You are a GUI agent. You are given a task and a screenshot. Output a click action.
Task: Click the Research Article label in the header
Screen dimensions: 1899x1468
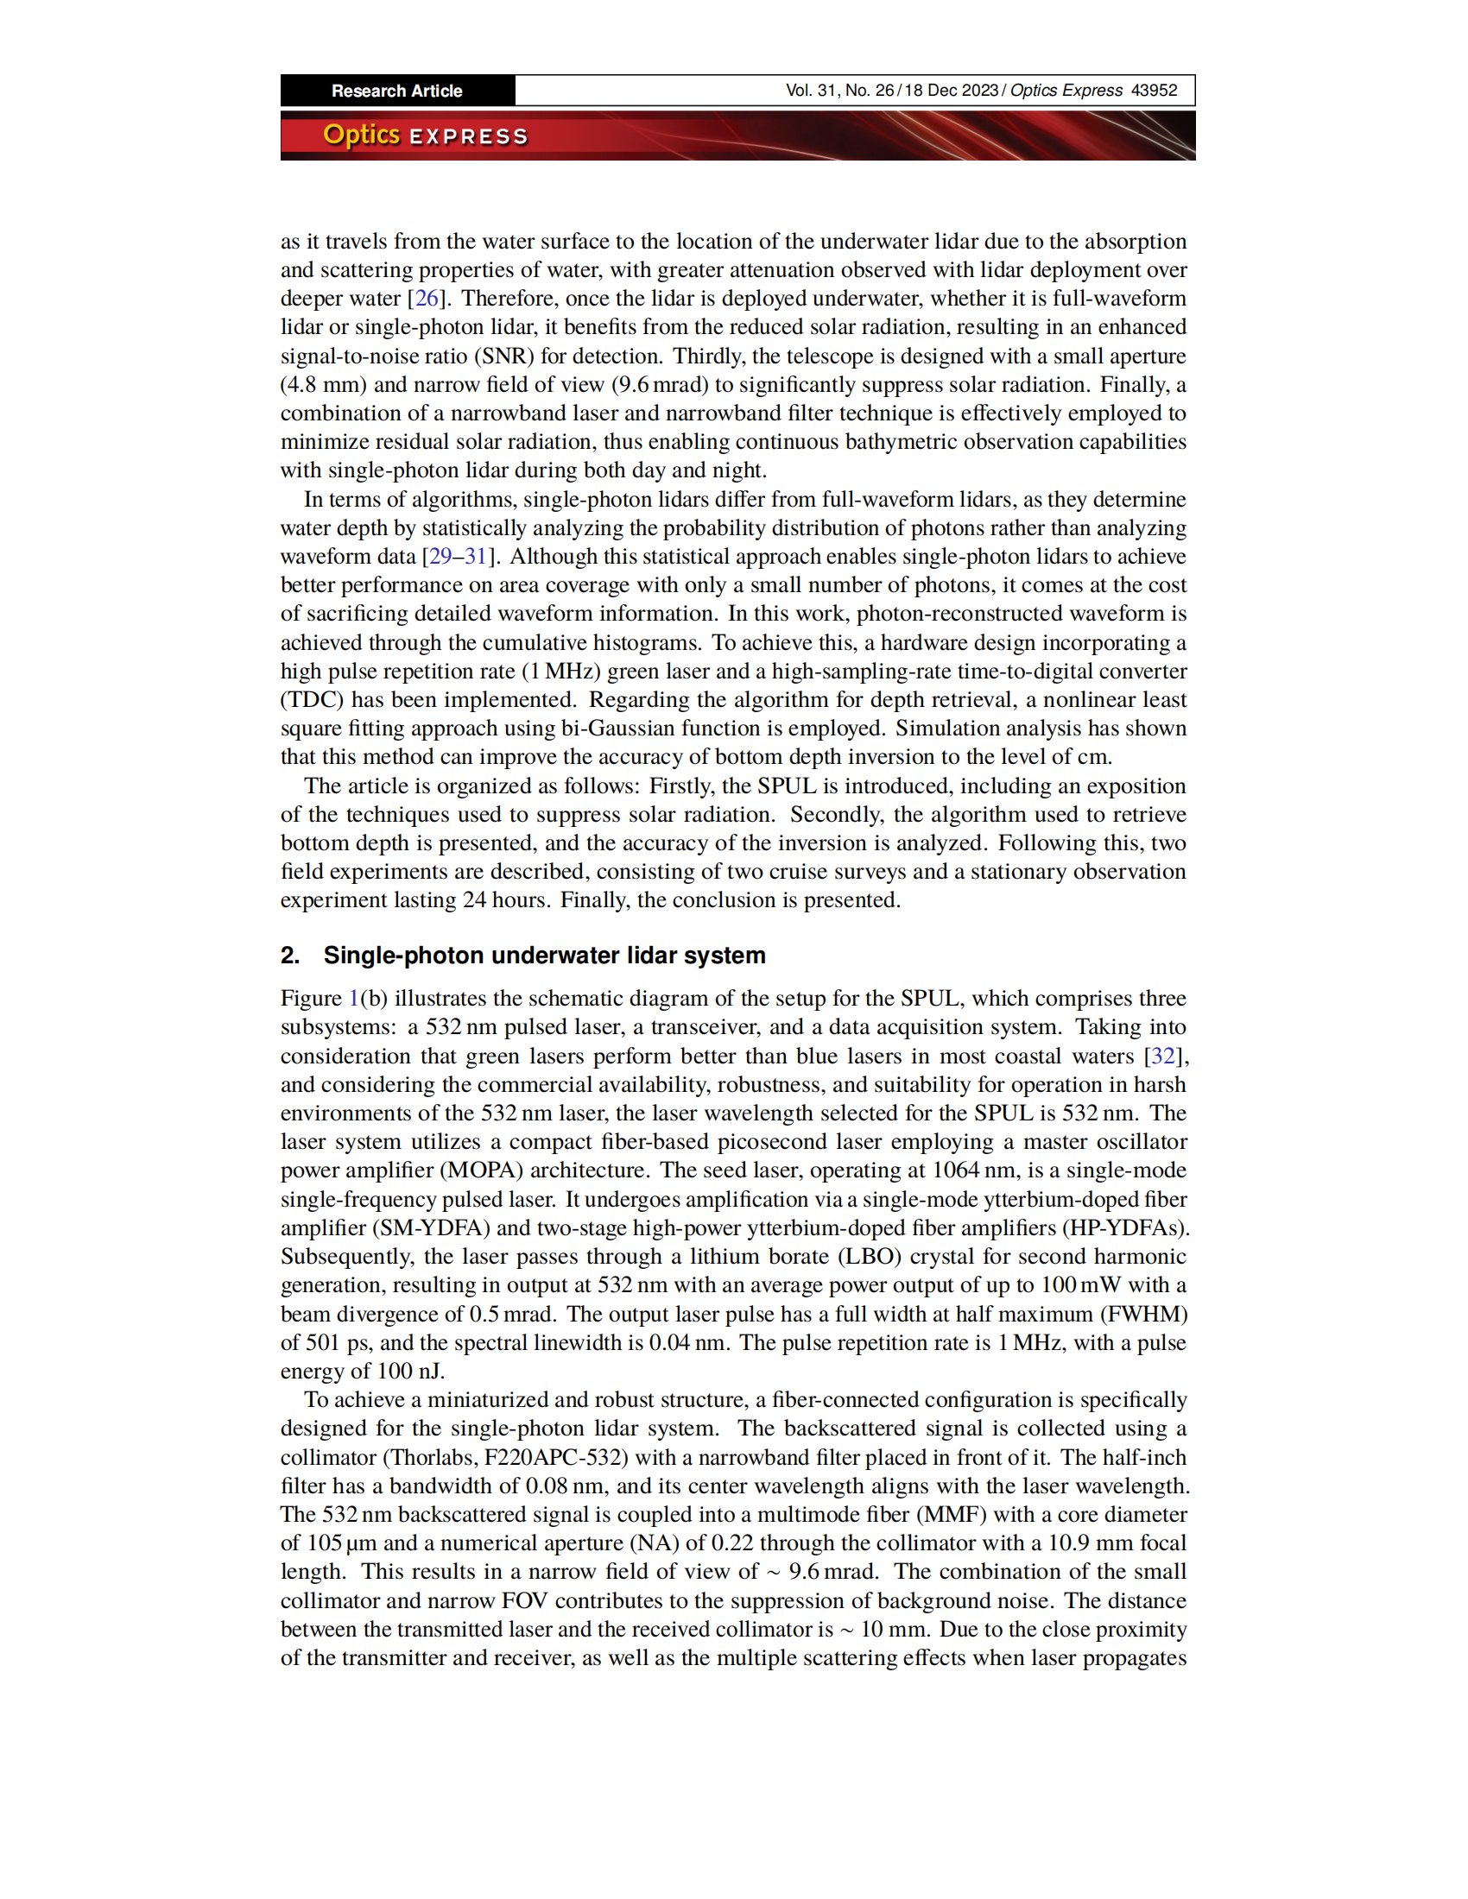396,91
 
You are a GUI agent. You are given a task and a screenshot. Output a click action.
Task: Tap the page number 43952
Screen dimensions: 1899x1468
1153,91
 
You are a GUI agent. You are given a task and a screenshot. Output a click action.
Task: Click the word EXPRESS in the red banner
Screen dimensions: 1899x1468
469,136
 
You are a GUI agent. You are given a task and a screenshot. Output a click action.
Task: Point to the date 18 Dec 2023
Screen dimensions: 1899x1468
951,91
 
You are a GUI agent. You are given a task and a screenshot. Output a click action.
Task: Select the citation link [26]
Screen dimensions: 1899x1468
427,299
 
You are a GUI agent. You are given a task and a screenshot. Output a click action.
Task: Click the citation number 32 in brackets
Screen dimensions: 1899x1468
1163,1056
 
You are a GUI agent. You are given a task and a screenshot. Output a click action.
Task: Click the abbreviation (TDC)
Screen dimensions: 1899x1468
313,700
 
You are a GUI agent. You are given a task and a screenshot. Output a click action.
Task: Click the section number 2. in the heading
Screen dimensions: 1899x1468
290,956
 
